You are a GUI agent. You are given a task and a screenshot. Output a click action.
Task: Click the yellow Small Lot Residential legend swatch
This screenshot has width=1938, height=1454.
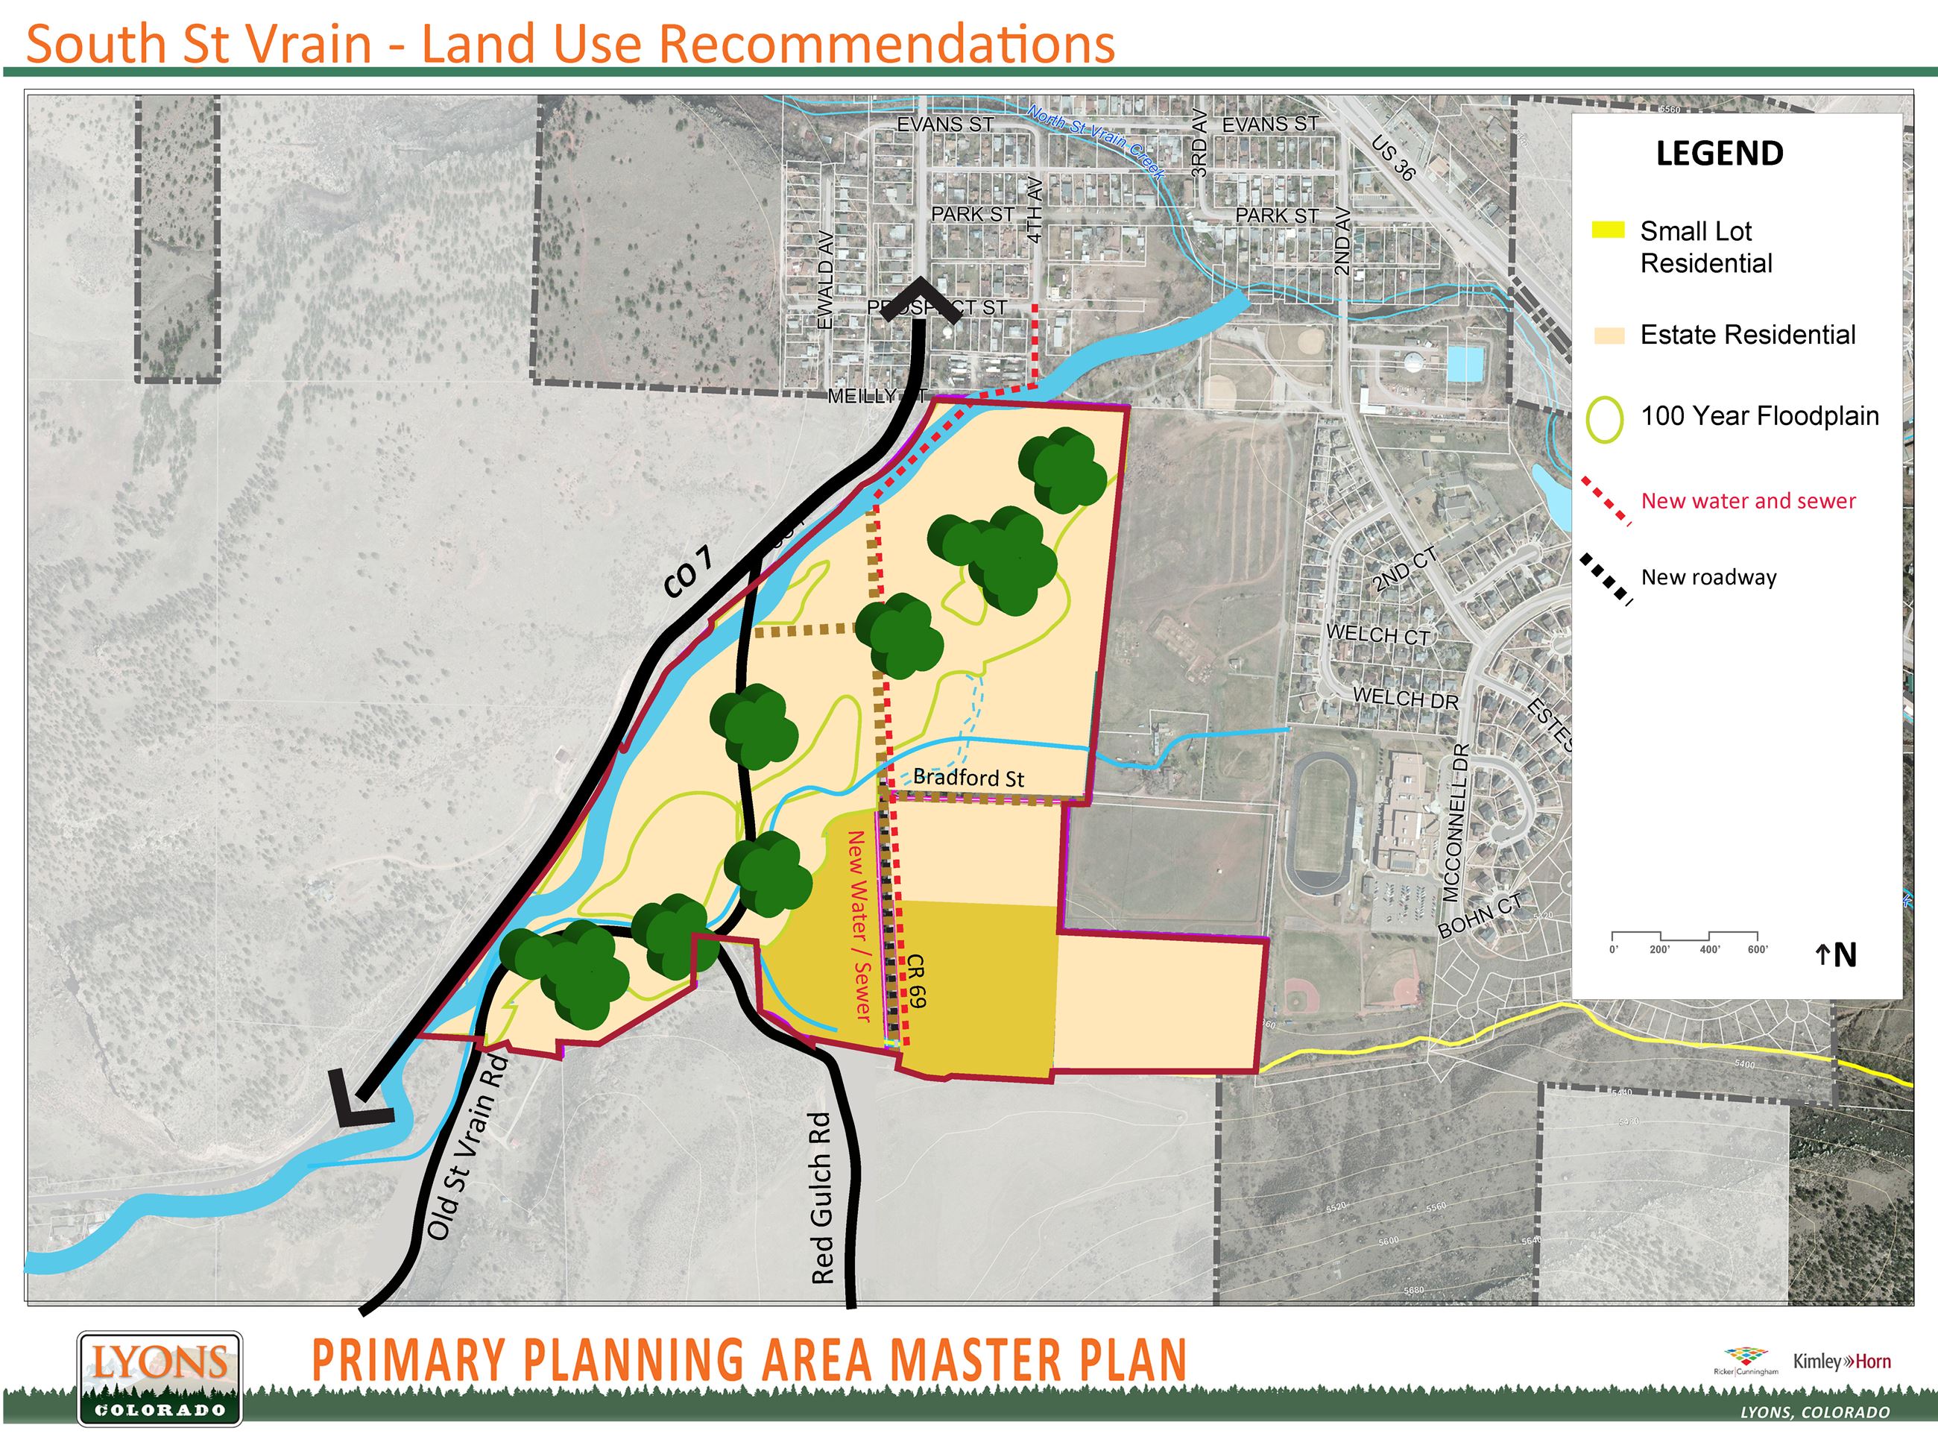click(1608, 230)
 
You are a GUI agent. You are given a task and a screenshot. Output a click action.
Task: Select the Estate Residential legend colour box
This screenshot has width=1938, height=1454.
click(1609, 335)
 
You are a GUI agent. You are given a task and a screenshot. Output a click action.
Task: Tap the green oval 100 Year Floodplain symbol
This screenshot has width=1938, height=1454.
click(1604, 420)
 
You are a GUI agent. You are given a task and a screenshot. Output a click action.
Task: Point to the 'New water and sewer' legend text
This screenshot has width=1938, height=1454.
click(1748, 500)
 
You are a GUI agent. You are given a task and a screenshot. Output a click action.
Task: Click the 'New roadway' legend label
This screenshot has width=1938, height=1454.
click(1708, 576)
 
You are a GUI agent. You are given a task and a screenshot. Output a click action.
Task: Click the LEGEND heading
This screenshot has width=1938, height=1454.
click(1719, 154)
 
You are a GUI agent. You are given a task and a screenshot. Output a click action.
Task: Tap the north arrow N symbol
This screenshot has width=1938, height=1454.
click(1837, 954)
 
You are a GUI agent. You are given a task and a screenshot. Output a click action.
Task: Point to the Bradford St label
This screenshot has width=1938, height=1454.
click(968, 778)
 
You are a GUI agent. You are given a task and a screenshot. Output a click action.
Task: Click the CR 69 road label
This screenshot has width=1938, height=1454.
click(916, 981)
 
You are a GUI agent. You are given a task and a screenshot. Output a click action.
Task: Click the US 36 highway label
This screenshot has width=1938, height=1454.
click(1392, 158)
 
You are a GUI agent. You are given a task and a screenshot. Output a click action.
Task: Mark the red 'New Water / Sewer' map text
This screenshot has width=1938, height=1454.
click(859, 925)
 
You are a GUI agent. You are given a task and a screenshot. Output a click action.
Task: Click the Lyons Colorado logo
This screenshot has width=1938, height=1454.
click(160, 1379)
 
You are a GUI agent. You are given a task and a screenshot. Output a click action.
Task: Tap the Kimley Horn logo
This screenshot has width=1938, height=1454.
click(1842, 1361)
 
